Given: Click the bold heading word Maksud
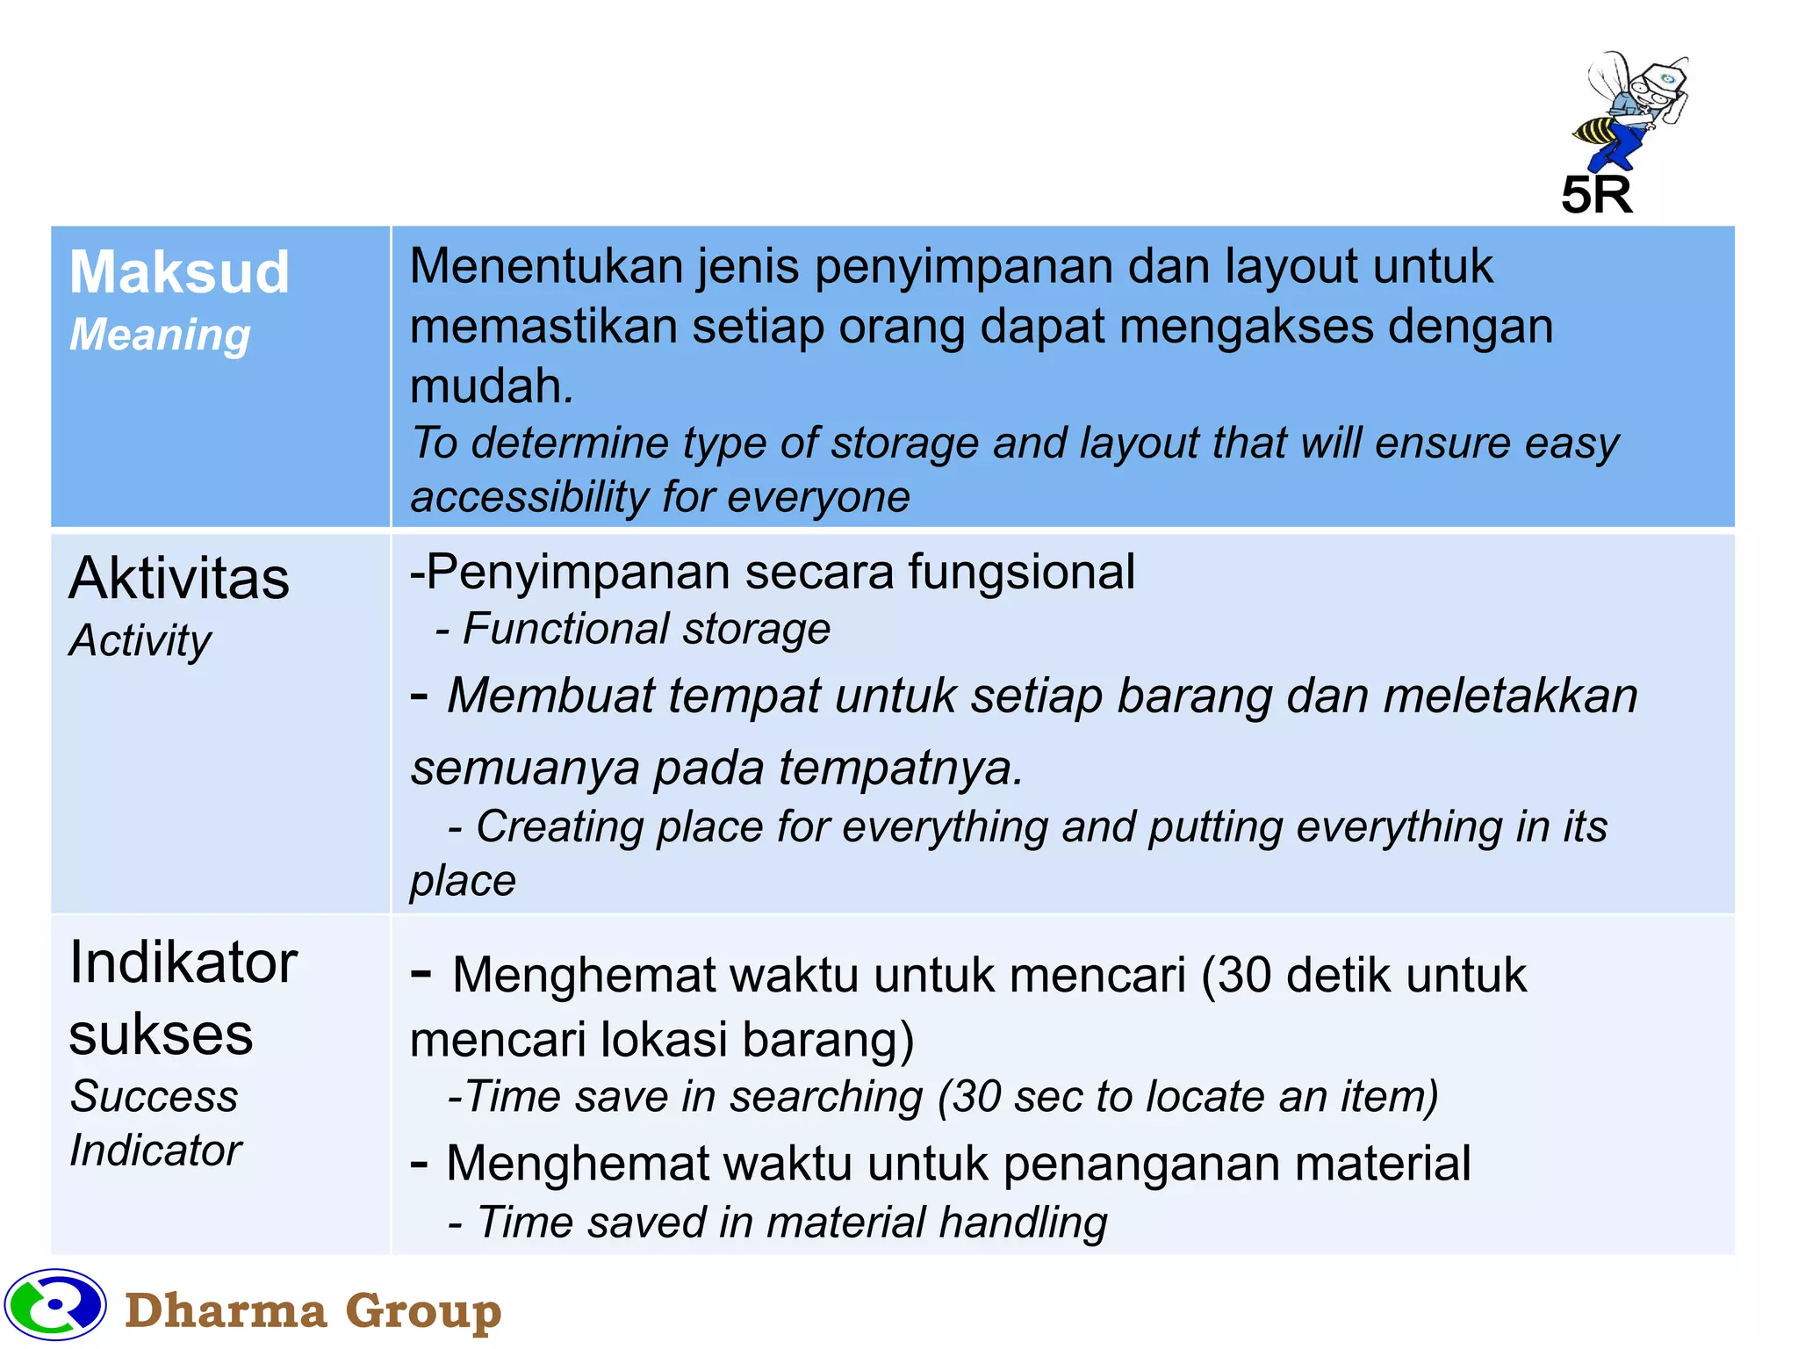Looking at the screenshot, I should coord(179,272).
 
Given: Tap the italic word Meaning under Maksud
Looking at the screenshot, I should coord(160,335).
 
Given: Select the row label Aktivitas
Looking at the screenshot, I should coord(179,579).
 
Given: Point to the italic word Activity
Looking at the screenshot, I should coord(140,641).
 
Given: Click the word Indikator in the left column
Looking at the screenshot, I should coord(183,963).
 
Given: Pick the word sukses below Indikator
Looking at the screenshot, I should coord(161,1035).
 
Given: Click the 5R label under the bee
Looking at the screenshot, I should coord(1596,195).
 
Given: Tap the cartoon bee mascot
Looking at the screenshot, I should coord(1629,110).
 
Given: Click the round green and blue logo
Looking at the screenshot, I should coord(55,1304).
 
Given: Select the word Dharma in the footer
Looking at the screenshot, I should coord(226,1311).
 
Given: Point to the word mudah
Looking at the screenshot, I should coord(490,386).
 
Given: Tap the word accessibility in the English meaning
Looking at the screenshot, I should coord(529,498).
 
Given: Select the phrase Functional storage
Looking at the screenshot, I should coord(646,630).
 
